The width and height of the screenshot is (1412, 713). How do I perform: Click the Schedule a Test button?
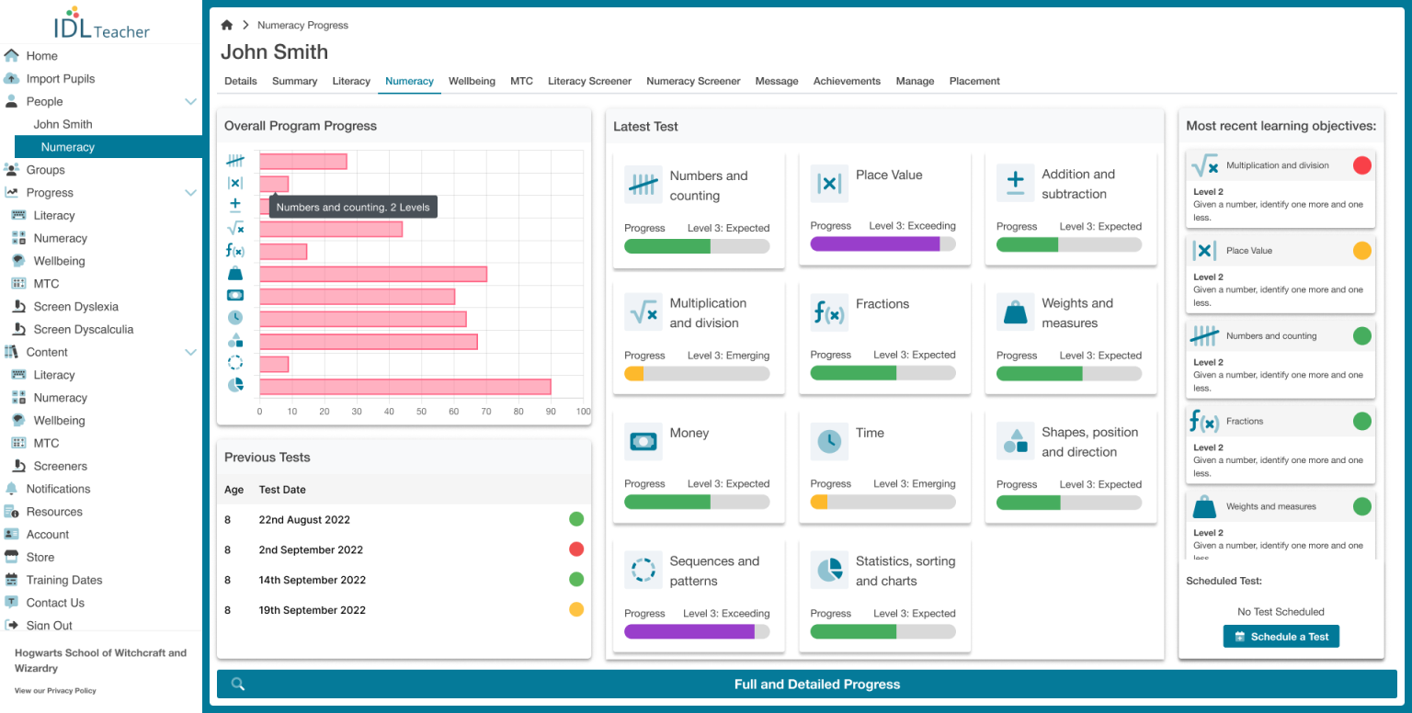1281,637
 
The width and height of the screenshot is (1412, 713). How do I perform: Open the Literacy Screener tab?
589,81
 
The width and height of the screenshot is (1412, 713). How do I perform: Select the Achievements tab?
847,81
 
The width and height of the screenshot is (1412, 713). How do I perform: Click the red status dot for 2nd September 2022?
576,549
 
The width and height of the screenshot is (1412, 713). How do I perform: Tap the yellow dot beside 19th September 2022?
576,609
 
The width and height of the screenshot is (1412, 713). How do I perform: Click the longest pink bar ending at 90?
404,387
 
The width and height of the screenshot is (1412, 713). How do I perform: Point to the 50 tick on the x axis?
421,412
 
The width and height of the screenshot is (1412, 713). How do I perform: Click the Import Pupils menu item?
61,79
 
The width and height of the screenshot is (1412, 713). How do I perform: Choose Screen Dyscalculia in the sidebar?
84,329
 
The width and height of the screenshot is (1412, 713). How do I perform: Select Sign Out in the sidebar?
50,626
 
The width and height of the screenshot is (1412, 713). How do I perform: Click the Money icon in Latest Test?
643,442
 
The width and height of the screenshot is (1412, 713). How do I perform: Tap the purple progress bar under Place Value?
874,243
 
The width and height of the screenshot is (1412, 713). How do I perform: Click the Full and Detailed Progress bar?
816,684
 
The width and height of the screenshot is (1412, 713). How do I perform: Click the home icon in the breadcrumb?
227,25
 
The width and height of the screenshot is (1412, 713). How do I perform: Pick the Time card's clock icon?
829,442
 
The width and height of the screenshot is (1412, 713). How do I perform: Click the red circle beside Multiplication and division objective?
1362,165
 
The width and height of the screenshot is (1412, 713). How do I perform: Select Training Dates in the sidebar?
64,580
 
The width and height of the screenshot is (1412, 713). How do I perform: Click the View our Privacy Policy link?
55,690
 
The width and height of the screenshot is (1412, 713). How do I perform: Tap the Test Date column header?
282,490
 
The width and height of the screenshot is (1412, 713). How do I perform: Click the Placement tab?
974,81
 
